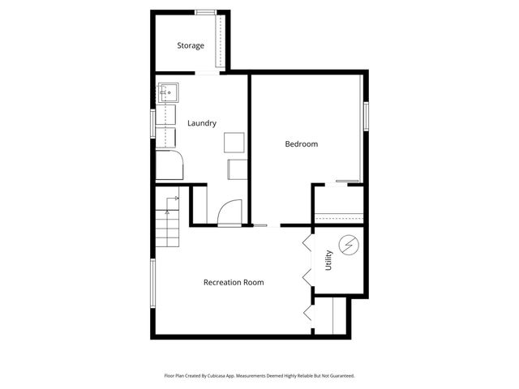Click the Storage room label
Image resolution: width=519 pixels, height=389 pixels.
click(x=191, y=45)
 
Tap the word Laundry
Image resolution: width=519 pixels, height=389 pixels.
click(x=202, y=123)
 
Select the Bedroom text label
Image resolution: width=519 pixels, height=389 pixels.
click(x=301, y=144)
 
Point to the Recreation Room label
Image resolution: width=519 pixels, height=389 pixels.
click(x=234, y=282)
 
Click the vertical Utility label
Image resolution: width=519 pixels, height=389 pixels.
click(x=328, y=259)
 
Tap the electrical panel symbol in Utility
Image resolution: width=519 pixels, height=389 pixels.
click(x=349, y=245)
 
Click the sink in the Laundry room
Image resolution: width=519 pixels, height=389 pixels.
click(x=168, y=92)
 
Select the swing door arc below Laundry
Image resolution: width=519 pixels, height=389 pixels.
click(x=229, y=212)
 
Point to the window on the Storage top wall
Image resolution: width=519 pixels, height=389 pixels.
click(x=205, y=11)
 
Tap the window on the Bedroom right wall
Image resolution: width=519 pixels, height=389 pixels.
click(x=367, y=115)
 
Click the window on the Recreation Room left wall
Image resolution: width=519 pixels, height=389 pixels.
click(x=153, y=283)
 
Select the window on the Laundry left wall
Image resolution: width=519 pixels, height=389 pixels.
click(x=153, y=125)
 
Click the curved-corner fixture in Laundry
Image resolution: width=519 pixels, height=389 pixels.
click(x=170, y=165)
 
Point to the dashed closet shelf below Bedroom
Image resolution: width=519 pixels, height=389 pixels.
click(x=338, y=216)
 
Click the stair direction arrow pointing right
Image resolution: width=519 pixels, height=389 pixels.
click(x=175, y=198)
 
